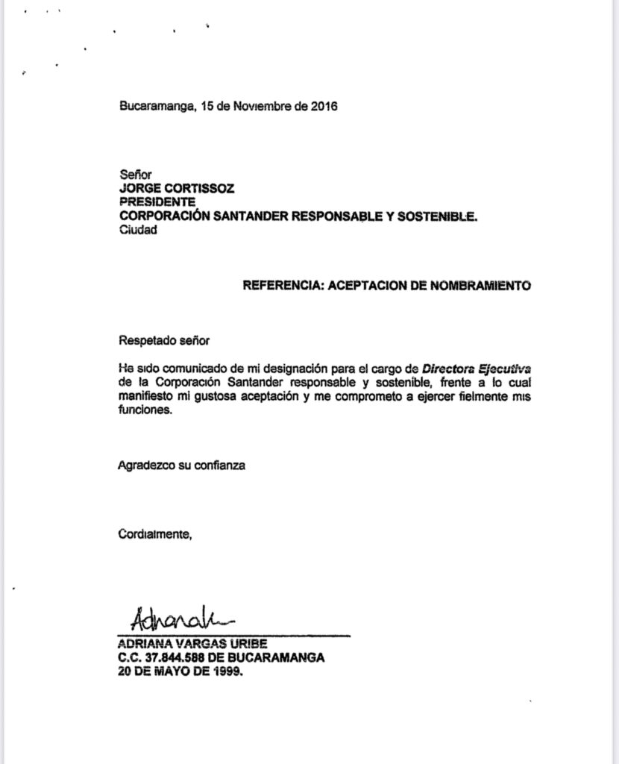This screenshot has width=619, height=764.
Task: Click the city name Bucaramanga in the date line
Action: (157, 106)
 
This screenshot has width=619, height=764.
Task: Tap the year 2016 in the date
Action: (323, 106)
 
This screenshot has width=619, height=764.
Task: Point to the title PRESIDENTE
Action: (157, 202)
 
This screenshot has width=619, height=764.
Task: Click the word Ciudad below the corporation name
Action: (139, 231)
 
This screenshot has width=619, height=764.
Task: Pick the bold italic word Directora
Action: (447, 369)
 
